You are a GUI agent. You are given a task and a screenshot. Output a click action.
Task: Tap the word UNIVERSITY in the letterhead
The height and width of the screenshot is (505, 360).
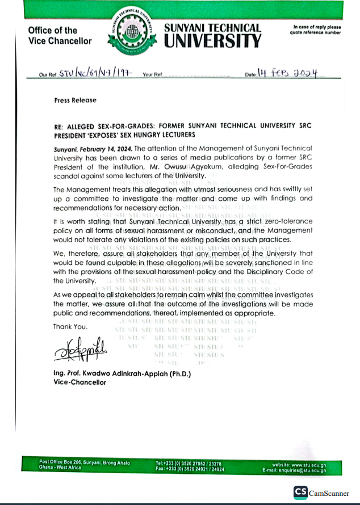point(213,41)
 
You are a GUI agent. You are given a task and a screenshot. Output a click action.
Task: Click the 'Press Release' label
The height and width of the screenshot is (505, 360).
point(75,100)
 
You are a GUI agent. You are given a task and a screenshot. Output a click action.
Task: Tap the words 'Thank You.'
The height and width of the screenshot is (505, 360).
point(70,326)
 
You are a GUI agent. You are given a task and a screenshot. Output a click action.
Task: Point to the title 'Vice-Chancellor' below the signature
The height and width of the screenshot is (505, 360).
point(79,382)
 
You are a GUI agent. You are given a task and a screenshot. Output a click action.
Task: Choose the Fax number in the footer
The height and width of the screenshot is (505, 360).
point(189,469)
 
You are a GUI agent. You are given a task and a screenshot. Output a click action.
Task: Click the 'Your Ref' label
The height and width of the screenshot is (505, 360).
point(153,75)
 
